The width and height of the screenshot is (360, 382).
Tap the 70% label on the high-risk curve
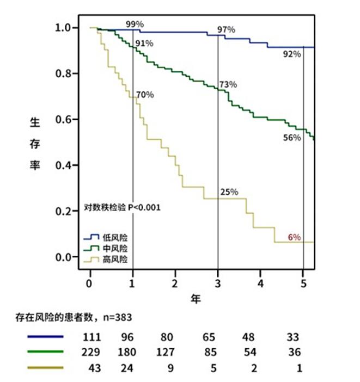(145, 95)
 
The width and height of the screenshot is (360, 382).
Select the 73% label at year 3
(228, 84)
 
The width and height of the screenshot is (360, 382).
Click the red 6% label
(294, 237)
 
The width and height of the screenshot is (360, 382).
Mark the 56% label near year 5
(291, 138)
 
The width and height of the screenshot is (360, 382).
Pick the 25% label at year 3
(229, 192)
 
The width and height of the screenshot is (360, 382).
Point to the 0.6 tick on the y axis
(65, 119)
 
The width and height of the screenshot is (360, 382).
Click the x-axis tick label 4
(260, 285)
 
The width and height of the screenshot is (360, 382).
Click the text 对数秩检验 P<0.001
(122, 207)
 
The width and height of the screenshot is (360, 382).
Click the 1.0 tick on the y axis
(65, 27)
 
